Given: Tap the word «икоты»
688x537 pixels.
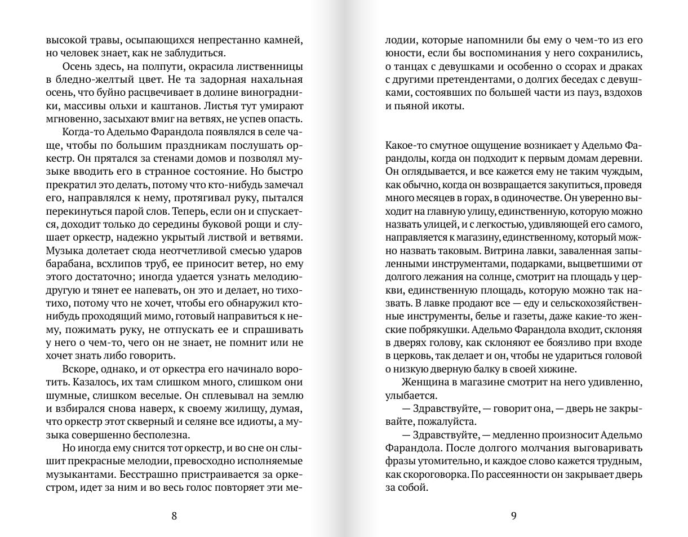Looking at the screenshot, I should tap(448, 106).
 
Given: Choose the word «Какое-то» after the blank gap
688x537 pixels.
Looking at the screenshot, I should tap(406, 145).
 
